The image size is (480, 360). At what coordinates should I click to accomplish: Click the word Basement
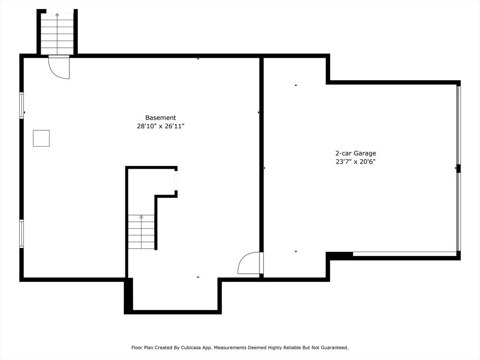[x=160, y=118]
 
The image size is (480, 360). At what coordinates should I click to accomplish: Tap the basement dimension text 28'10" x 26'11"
[x=160, y=126]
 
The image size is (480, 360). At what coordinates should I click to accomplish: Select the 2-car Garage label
[x=355, y=153]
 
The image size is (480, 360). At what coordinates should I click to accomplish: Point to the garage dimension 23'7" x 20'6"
[x=355, y=162]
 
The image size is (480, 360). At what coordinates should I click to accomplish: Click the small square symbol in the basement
[x=41, y=138]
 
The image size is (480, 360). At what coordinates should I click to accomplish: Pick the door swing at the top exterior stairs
[x=59, y=67]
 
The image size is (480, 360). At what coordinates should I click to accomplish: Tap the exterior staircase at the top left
[x=57, y=34]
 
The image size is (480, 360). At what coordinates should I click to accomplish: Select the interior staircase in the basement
[x=141, y=232]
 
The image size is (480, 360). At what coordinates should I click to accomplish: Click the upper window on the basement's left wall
[x=22, y=105]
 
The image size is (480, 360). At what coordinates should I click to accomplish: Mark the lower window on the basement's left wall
[x=22, y=234]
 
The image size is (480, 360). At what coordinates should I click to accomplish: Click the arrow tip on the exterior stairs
[x=57, y=14]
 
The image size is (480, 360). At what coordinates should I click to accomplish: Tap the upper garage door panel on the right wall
[x=458, y=125]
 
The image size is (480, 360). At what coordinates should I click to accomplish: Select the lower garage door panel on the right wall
[x=458, y=212]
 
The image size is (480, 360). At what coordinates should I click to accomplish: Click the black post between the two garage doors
[x=458, y=169]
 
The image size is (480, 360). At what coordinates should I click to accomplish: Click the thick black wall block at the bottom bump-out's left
[x=128, y=295]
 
